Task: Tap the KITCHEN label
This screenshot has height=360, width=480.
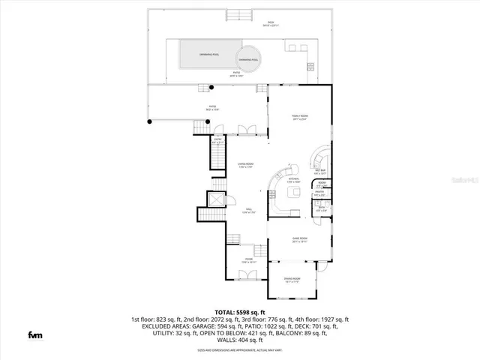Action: [294, 180]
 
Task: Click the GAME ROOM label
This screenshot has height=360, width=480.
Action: [299, 240]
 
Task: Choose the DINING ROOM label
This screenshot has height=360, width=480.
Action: [292, 280]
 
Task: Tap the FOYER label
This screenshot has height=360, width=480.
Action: [248, 261]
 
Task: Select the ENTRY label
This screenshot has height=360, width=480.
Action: [217, 140]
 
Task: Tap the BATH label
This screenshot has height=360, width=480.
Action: [320, 209]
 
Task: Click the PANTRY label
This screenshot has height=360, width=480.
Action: [319, 194]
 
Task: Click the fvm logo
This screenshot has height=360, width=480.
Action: [35, 334]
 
